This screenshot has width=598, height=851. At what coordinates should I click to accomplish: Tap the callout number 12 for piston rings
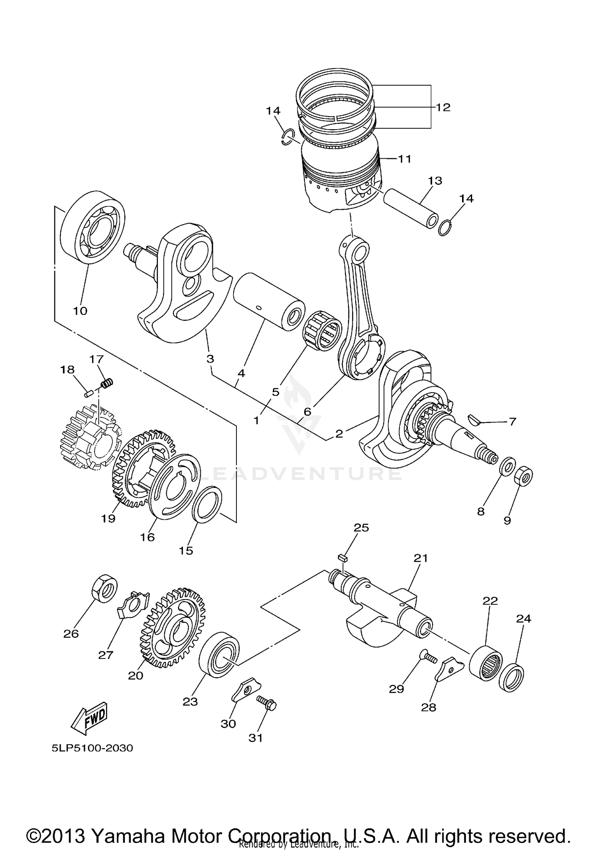443,107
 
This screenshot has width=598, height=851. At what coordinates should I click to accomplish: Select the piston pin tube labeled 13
411,208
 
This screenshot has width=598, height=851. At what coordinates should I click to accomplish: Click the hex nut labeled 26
105,588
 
